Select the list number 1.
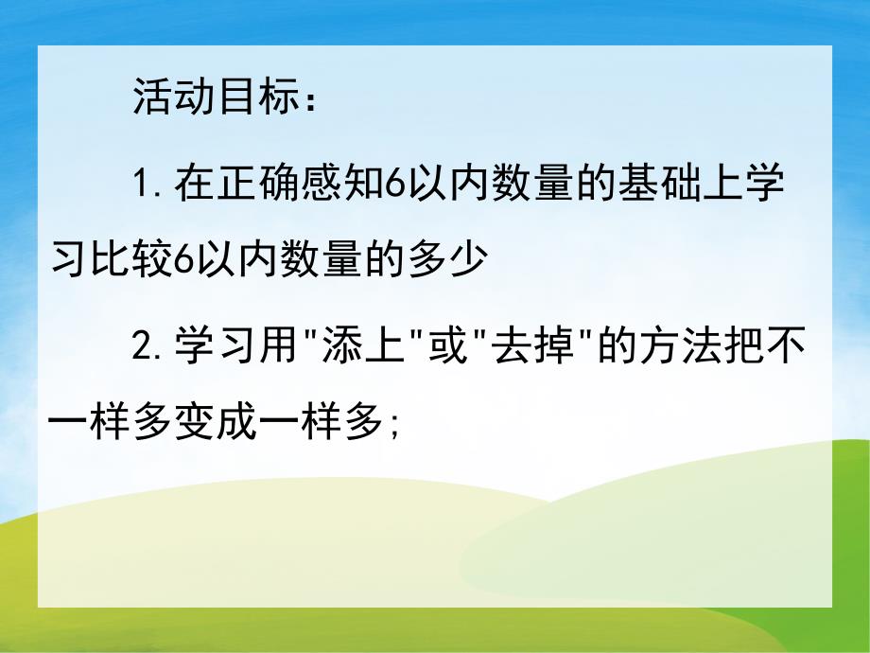click(x=145, y=181)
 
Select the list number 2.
click(x=145, y=348)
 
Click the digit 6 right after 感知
click(x=397, y=181)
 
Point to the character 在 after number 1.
click(x=196, y=181)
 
